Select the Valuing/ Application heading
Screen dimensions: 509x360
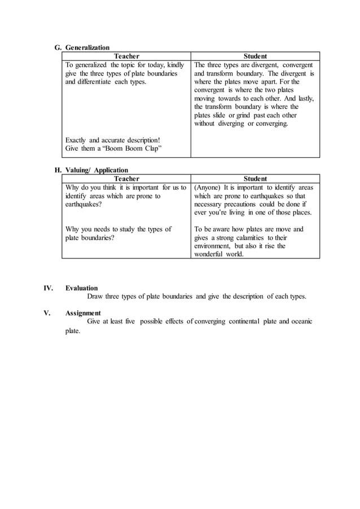(96, 170)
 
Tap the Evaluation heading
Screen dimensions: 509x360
(81, 288)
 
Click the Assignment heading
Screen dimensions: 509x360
(83, 313)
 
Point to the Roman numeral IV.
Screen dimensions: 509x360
(48, 288)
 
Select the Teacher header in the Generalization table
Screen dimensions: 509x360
(126, 56)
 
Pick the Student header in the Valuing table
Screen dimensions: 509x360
(255, 179)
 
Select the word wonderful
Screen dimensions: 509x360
(211, 254)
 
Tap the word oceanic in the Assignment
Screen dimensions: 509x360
(300, 321)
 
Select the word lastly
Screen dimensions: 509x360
(304, 98)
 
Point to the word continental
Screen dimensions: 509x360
(253, 321)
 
